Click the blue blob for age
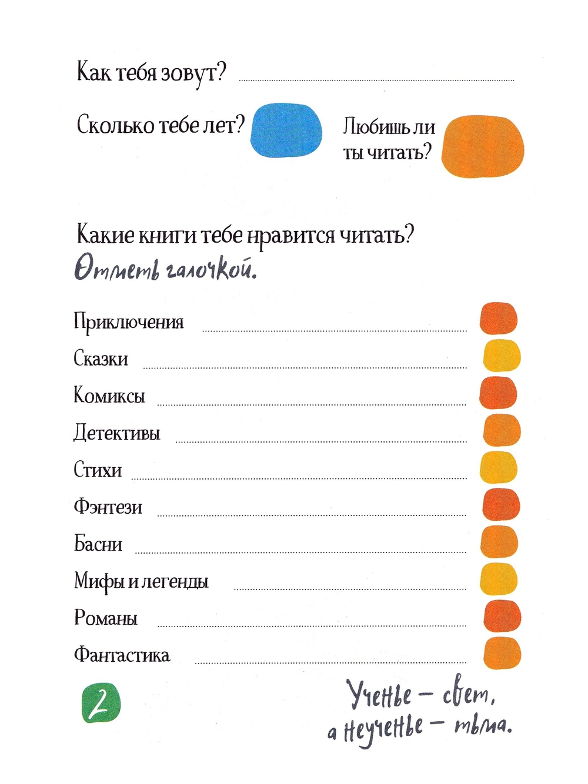coord(287,131)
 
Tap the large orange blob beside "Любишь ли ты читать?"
coord(483,146)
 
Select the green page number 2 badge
coord(101,703)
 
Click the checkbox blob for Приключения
coord(498,319)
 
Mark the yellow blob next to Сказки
coord(502,356)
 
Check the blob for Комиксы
coord(498,393)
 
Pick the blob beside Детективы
coord(502,430)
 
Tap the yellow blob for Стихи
coord(499,467)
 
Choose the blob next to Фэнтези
coord(501,504)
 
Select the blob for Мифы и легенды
coord(499,578)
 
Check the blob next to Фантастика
coord(502,653)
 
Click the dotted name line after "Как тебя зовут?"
coord(376,79)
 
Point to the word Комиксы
coord(109,396)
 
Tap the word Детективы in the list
coord(116,433)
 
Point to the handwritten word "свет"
coord(467,696)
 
